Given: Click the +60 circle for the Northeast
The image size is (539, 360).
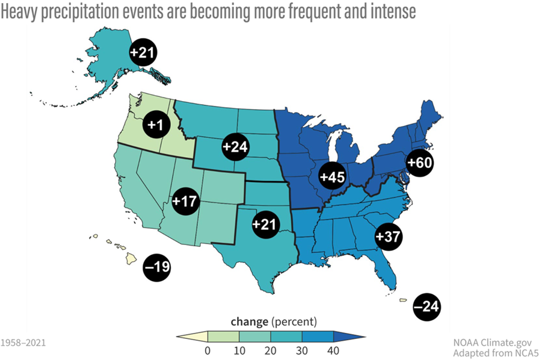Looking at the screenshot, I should pyautogui.click(x=420, y=163).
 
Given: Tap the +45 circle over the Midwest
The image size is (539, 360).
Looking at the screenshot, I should pyautogui.click(x=333, y=178).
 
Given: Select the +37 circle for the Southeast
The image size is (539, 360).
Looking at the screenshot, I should pyautogui.click(x=388, y=237).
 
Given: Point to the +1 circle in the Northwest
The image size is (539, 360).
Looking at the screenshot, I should pyautogui.click(x=155, y=125).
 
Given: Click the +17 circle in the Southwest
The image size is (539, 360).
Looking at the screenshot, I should pyautogui.click(x=185, y=200).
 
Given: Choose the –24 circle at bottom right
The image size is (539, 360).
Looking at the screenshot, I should pyautogui.click(x=427, y=307).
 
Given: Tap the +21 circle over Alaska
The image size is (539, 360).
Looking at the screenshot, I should pyautogui.click(x=143, y=53).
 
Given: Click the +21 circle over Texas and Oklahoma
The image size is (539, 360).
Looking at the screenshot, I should pyautogui.click(x=265, y=224).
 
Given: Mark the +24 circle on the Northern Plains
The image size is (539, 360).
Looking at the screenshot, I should pyautogui.click(x=235, y=147).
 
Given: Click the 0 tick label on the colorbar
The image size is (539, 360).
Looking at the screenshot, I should pyautogui.click(x=208, y=352).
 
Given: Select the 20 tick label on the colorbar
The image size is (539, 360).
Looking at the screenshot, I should pyautogui.click(x=270, y=352).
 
